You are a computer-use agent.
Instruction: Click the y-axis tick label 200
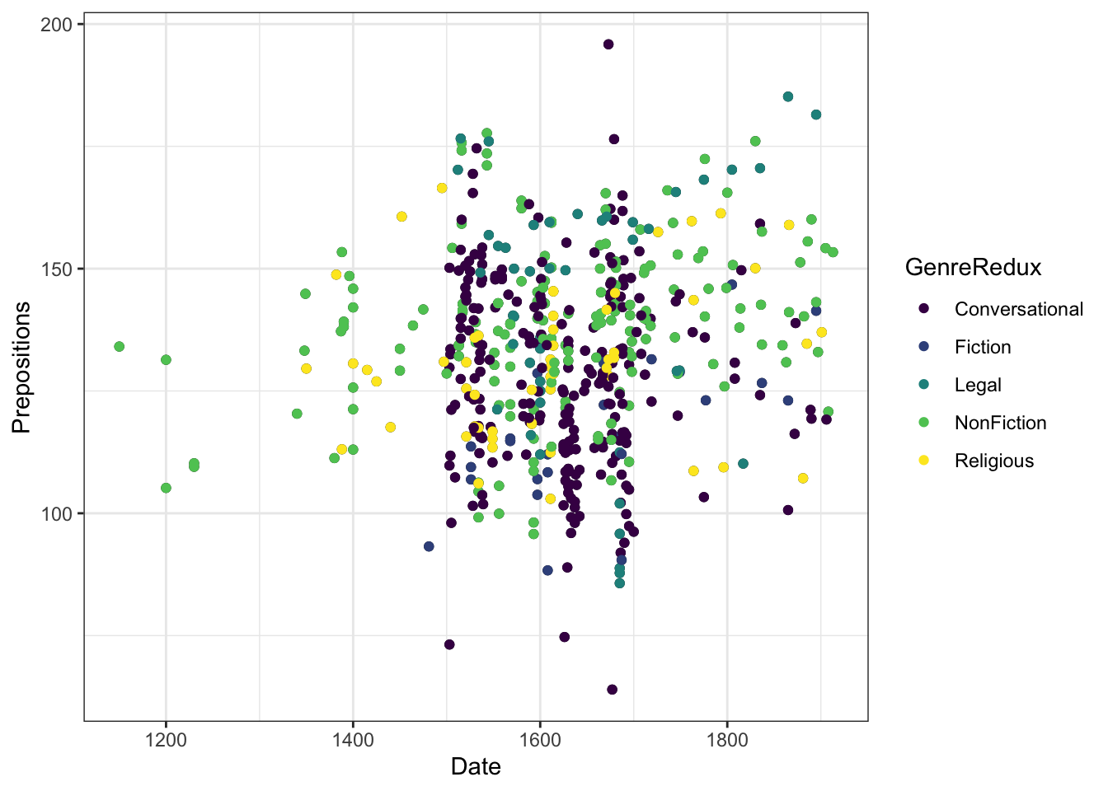pos(56,25)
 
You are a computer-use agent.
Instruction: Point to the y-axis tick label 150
pos(56,269)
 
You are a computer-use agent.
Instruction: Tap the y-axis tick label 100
pos(56,513)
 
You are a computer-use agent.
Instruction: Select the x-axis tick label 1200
pos(166,739)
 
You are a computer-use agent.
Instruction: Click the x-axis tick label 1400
pos(353,739)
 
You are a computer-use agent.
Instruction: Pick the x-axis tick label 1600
pos(540,739)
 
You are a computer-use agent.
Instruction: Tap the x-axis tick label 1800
pos(727,739)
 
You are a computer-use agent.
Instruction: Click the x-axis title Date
pos(476,767)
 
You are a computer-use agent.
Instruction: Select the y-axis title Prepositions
pos(21,367)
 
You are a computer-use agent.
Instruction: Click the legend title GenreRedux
pos(973,267)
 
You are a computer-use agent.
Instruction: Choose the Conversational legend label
pos(1019,309)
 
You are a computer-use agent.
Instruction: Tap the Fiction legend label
pos(983,347)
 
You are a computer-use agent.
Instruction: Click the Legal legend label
pos(978,385)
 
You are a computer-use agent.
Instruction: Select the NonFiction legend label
pos(1000,423)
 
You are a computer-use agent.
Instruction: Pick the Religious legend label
pos(994,461)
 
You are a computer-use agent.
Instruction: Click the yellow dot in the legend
pos(923,461)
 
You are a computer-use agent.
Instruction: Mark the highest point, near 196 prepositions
pos(608,44)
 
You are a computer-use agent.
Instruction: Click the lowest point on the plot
pos(612,690)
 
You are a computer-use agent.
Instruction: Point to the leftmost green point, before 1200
pos(120,347)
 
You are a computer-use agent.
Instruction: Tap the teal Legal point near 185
pos(788,96)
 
